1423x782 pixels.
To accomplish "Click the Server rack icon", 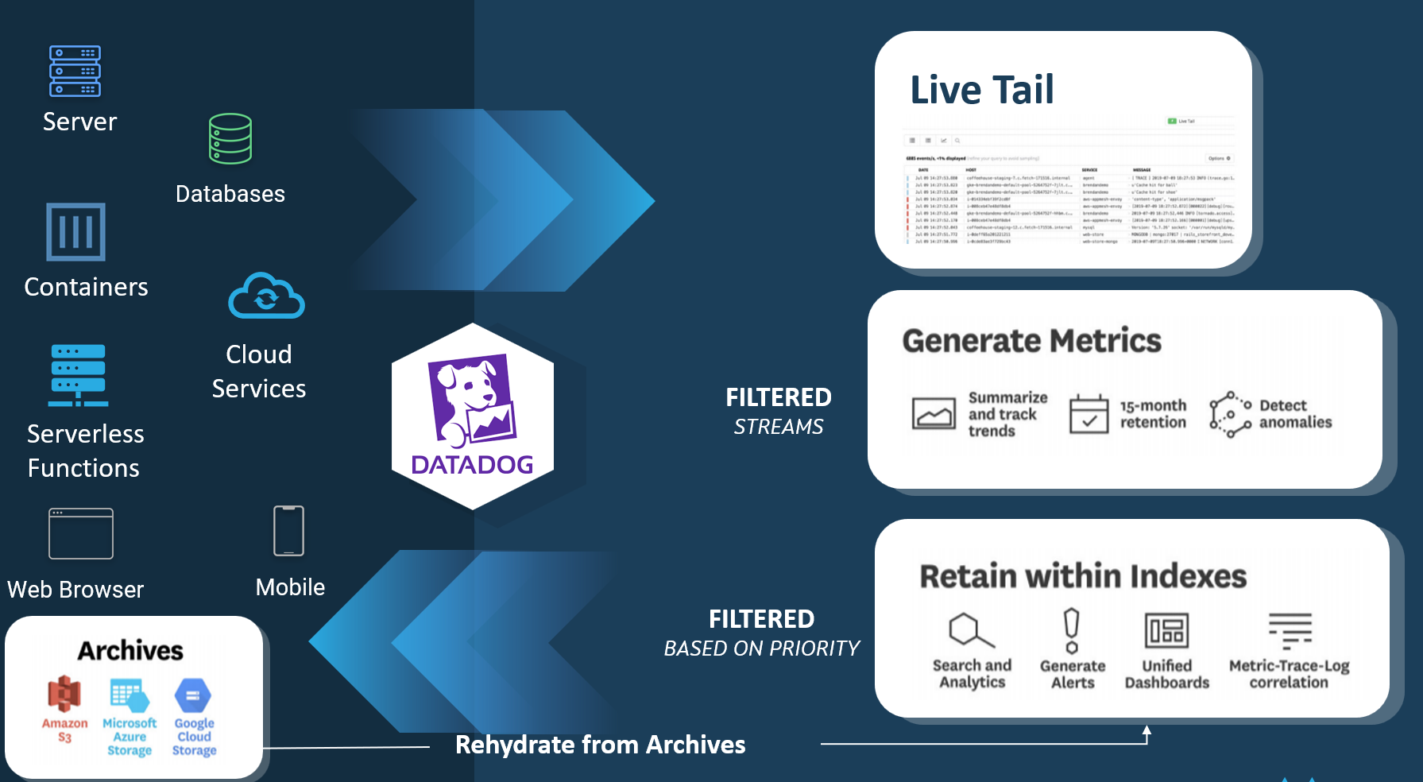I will pyautogui.click(x=75, y=71).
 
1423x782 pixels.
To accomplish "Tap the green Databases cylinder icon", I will pyautogui.click(x=230, y=139).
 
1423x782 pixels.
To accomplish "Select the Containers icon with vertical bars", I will pyautogui.click(x=75, y=232).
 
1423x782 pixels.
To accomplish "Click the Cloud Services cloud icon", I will pyautogui.click(x=266, y=296).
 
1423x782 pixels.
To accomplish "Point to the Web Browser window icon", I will pyautogui.click(x=80, y=534).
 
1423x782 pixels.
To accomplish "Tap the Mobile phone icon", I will pyautogui.click(x=288, y=531).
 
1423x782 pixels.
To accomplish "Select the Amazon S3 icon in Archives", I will pyautogui.click(x=64, y=695).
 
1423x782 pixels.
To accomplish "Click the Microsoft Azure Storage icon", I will pyautogui.click(x=130, y=695).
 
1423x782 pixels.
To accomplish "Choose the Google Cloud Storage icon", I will pyautogui.click(x=193, y=695).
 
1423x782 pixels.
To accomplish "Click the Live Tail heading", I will pyautogui.click(x=982, y=90).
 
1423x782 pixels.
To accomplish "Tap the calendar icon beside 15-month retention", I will pyautogui.click(x=1089, y=413).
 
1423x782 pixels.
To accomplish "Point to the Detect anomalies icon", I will pyautogui.click(x=1230, y=414).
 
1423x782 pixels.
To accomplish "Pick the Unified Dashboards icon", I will pyautogui.click(x=1166, y=632).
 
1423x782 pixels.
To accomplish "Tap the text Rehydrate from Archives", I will pyautogui.click(x=600, y=745).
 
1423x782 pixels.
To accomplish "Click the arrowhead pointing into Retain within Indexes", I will pyautogui.click(x=1147, y=730).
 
